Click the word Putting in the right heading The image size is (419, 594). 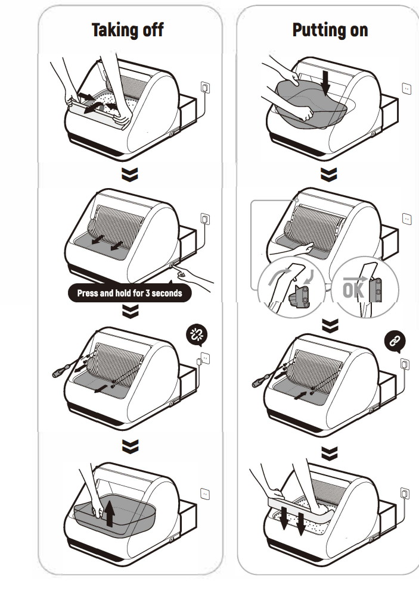(313, 30)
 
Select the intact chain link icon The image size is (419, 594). (395, 341)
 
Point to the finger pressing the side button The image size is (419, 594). (182, 273)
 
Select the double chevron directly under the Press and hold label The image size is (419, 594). (129, 311)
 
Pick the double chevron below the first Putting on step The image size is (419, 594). (328, 174)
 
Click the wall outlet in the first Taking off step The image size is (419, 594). (206, 87)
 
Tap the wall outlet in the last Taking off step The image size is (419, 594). (205, 494)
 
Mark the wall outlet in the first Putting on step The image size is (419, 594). (406, 88)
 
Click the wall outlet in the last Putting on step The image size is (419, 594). (405, 494)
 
